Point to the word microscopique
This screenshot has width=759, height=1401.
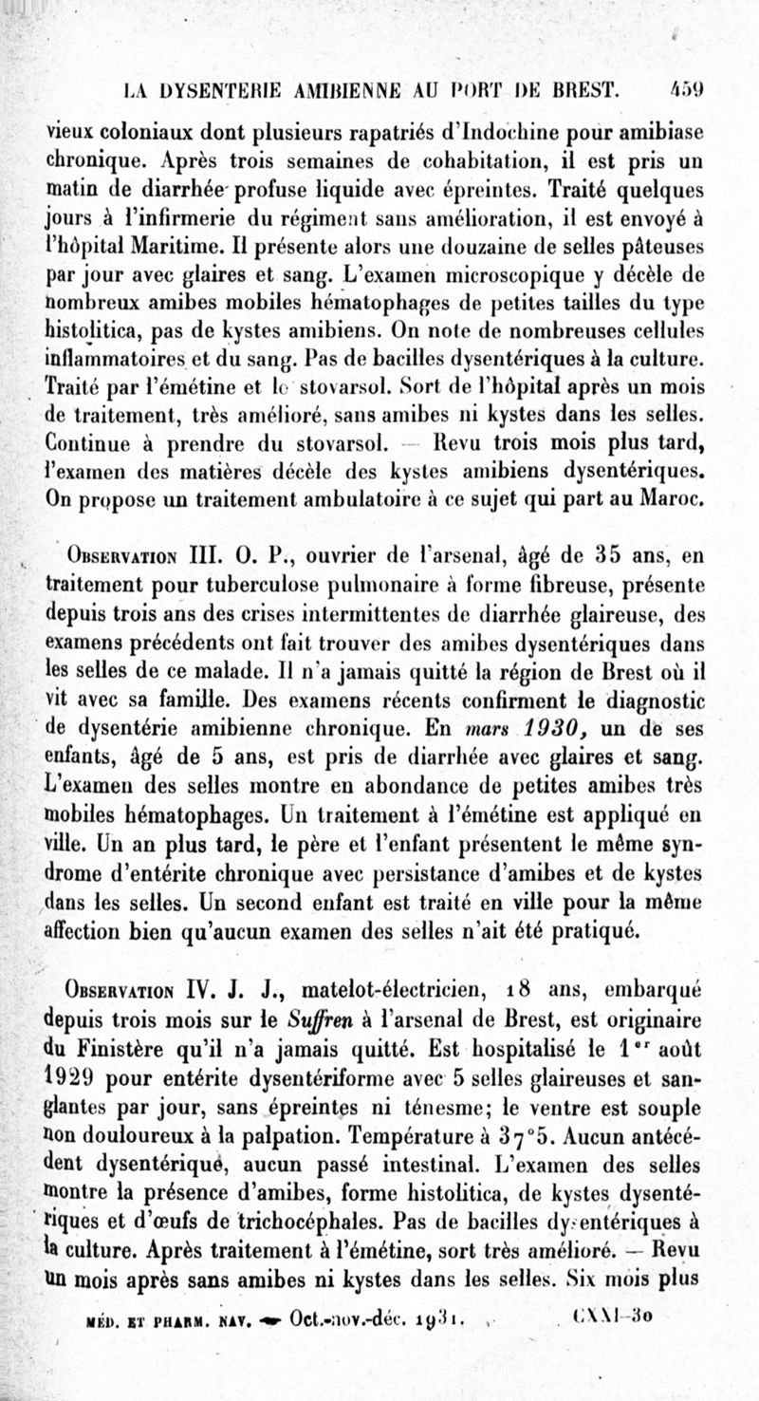click(x=541, y=277)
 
